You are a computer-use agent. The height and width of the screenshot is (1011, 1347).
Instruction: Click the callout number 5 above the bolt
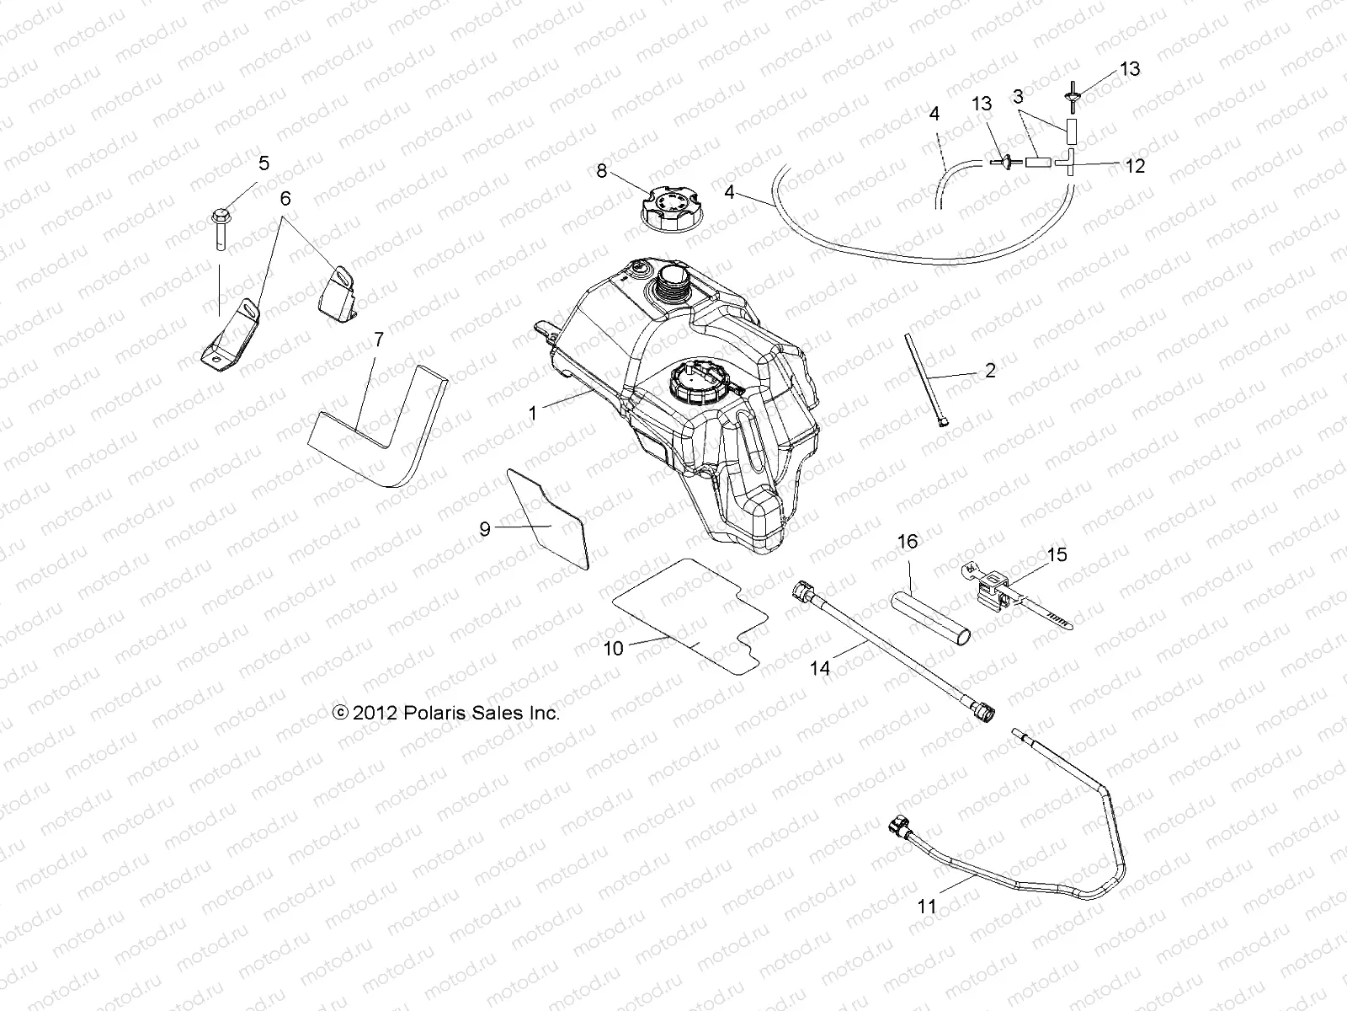click(x=264, y=163)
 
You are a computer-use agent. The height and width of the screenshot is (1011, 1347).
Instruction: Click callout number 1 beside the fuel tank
click(x=532, y=414)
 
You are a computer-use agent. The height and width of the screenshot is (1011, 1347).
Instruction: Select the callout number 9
click(x=485, y=529)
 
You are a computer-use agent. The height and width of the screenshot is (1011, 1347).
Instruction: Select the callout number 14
click(x=820, y=668)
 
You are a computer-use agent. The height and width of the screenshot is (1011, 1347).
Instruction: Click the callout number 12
click(x=1135, y=166)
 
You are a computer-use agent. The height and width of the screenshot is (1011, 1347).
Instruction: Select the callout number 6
click(x=285, y=199)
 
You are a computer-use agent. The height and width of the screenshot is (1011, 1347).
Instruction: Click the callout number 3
click(x=1019, y=97)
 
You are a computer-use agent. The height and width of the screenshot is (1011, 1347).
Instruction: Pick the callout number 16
click(x=908, y=541)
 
